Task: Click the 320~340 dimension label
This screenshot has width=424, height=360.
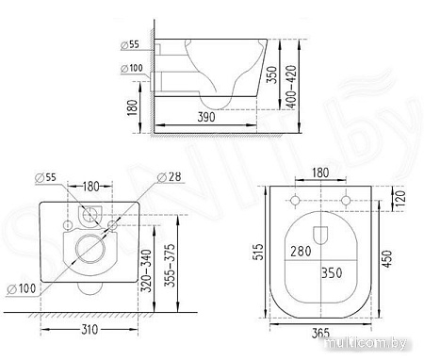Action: pyautogui.click(x=145, y=269)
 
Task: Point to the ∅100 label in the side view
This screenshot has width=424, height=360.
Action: pyautogui.click(x=132, y=68)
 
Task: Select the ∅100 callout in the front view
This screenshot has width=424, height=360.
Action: pyautogui.click(x=21, y=287)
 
